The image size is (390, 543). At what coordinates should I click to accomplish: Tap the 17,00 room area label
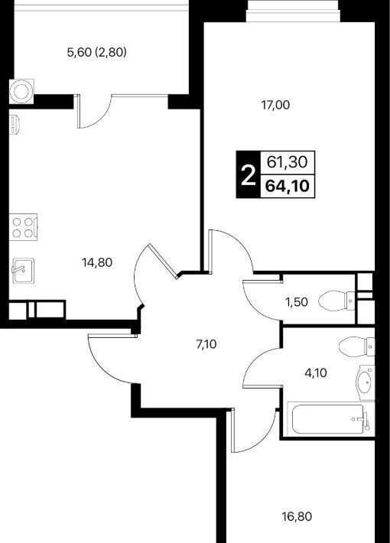[x=276, y=105]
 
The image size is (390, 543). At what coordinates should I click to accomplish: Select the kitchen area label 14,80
[x=97, y=262]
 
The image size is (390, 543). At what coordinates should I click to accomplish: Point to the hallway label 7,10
[x=206, y=344]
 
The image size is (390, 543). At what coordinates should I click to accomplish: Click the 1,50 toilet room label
[x=297, y=302]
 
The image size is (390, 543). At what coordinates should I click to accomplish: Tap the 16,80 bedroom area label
[x=297, y=517]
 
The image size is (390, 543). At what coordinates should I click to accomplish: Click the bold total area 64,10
[x=287, y=187]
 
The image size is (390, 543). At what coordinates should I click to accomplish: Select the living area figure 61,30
[x=288, y=161]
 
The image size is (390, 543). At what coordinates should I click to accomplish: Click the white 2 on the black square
[x=248, y=175]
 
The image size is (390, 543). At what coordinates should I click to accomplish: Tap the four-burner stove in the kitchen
[x=24, y=227]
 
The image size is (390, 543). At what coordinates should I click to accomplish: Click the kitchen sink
[x=24, y=271]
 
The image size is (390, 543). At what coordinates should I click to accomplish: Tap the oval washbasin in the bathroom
[x=365, y=382]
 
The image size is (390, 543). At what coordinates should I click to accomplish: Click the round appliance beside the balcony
[x=21, y=91]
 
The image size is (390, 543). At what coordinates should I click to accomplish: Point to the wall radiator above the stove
[x=14, y=125]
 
